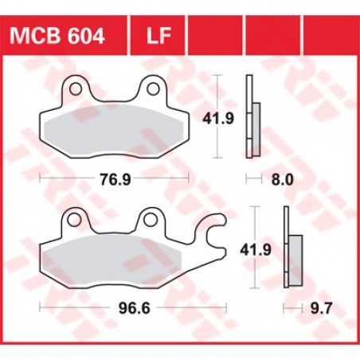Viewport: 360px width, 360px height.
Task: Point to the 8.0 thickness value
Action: coord(282,179)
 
